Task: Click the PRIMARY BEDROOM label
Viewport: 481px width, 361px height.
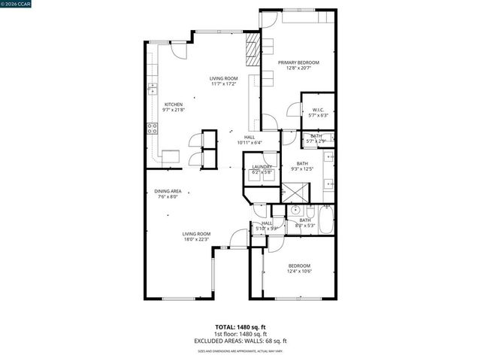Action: (298, 62)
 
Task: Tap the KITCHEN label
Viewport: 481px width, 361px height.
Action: (174, 105)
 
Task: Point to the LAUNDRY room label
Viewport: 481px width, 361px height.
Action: (262, 167)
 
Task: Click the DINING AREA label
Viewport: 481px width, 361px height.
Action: (168, 191)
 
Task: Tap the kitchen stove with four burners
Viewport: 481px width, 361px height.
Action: (153, 129)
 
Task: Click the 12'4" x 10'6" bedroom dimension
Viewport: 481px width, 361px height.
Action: (299, 272)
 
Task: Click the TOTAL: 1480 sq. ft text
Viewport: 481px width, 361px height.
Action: (240, 326)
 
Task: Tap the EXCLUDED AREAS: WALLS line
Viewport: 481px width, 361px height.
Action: (240, 340)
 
